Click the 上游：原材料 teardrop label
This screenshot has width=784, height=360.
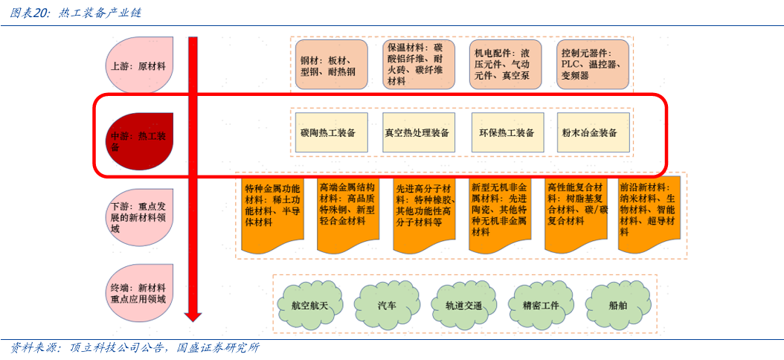(x=139, y=65)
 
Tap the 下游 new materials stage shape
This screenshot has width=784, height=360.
(x=139, y=216)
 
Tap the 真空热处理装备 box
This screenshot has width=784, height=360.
(x=417, y=133)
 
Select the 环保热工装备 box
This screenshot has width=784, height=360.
(x=507, y=133)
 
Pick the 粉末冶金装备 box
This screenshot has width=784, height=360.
(x=593, y=133)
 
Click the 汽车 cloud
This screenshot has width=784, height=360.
(x=387, y=304)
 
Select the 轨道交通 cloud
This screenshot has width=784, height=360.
(x=464, y=304)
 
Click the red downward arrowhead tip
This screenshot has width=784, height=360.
(x=193, y=318)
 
